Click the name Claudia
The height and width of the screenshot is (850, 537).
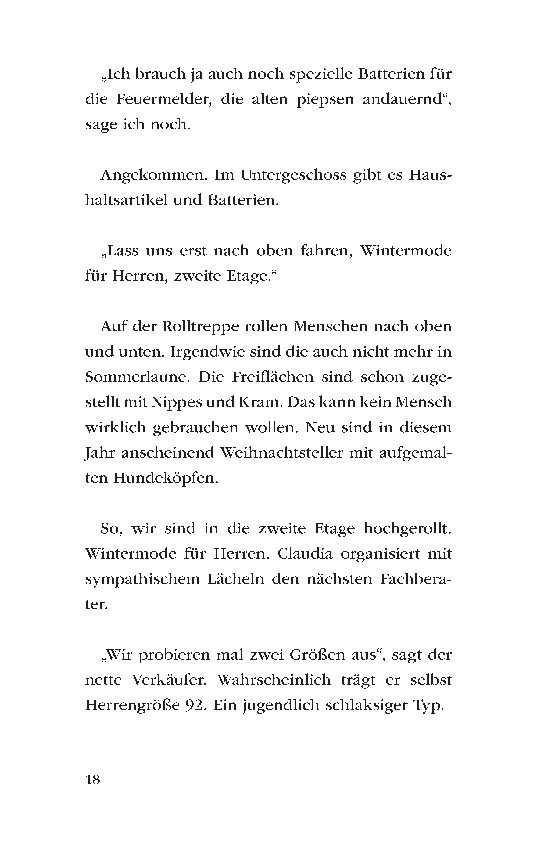tap(305, 554)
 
